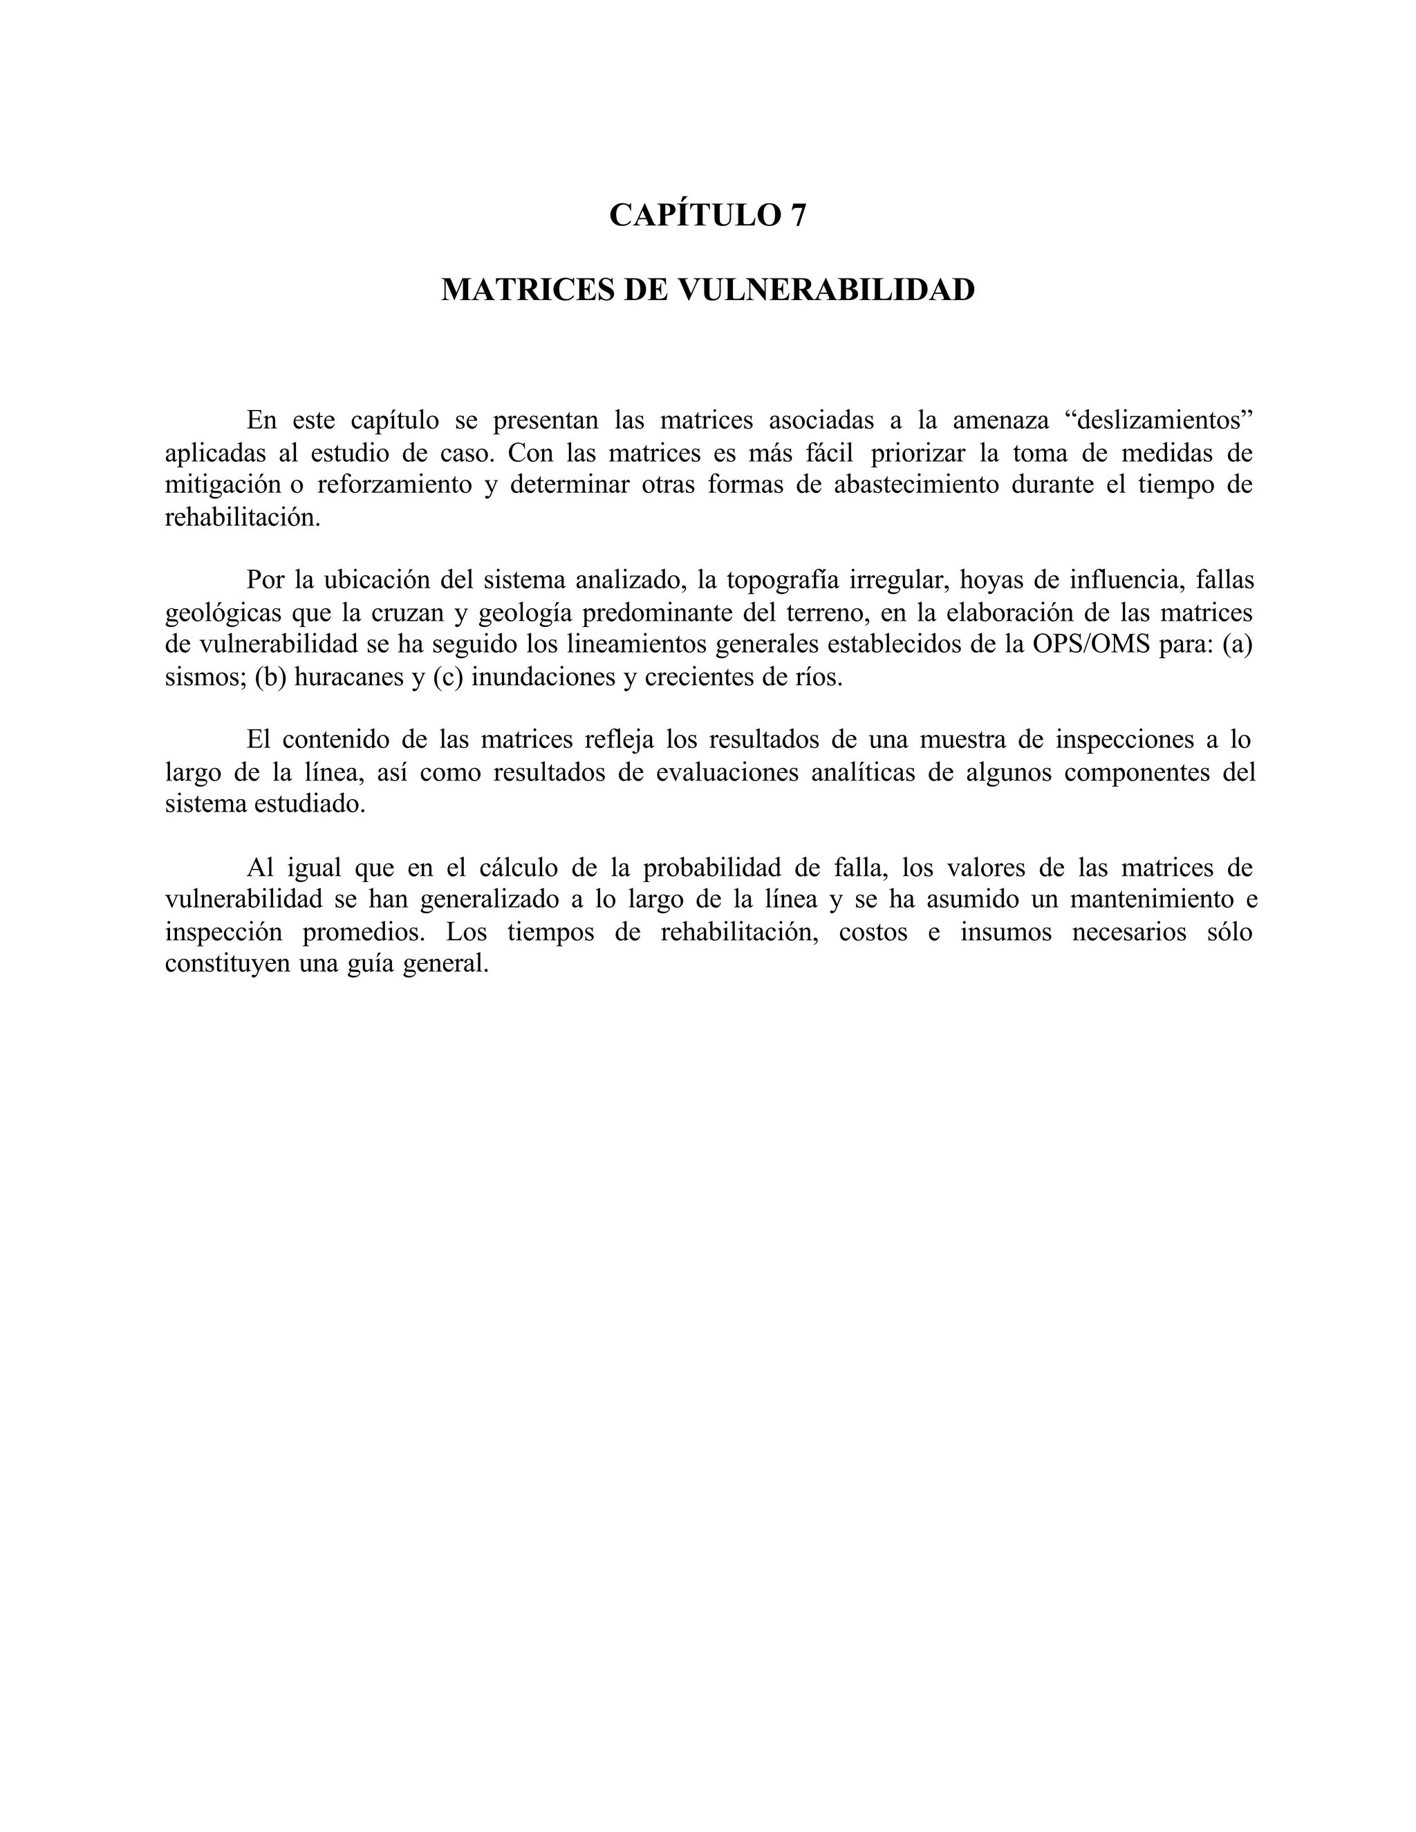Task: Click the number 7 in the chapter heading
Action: tap(797, 216)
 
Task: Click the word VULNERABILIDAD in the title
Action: tap(826, 290)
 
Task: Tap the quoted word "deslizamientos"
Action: tap(1164, 420)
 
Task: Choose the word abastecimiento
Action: tap(916, 485)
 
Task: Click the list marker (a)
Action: tap(1236, 645)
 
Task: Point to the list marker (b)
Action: tap(270, 677)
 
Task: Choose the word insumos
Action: tap(1006, 932)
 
